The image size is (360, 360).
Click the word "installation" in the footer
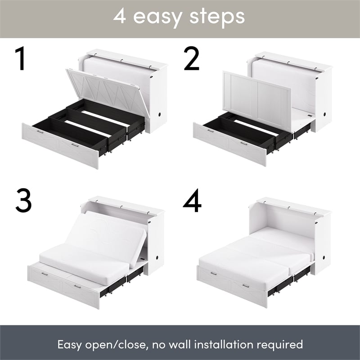(217, 345)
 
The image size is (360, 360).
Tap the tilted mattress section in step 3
(108, 234)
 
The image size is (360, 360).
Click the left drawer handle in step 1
(40, 132)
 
